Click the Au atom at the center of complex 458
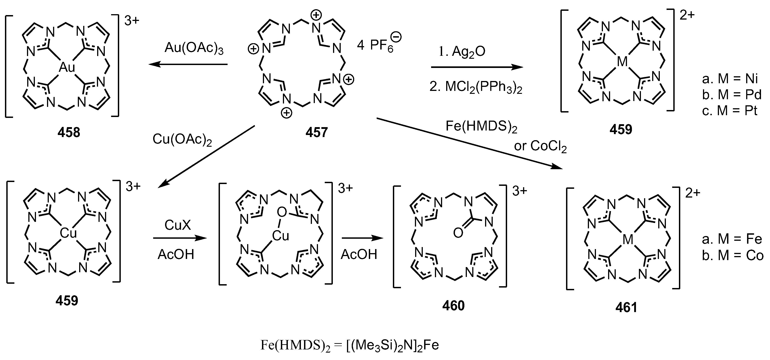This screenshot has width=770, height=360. tap(67, 67)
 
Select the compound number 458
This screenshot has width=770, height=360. tap(69, 132)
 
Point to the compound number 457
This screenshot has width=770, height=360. tap(316, 132)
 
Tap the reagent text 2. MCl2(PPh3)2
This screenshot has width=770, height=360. tap(476, 87)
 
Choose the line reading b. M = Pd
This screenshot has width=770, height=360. tap(732, 95)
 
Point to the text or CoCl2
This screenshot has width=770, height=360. tap(540, 146)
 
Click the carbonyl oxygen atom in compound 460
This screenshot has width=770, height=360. tap(458, 233)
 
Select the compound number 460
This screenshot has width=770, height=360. tap(453, 306)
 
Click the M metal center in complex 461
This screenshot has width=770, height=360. tap(628, 239)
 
